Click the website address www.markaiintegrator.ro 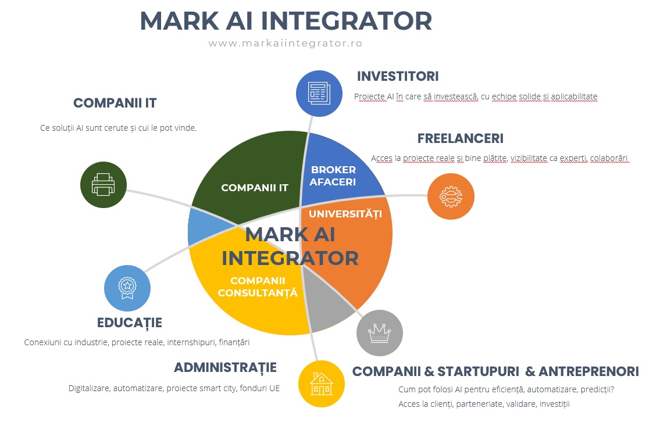click(286, 44)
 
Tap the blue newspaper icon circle click(319, 94)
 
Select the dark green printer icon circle click(104, 185)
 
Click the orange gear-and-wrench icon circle click(451, 196)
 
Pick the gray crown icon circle click(380, 333)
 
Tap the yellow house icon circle click(322, 384)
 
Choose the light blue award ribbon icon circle click(127, 288)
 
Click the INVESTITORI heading click(398, 76)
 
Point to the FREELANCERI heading click(461, 138)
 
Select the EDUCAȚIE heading click(130, 323)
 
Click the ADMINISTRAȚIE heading click(225, 367)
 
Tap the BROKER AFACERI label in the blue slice click(333, 176)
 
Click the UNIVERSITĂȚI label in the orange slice click(345, 214)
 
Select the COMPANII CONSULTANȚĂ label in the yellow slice click(258, 287)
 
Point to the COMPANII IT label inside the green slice click(255, 188)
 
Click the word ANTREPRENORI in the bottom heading click(588, 372)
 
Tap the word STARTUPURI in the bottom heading click(478, 372)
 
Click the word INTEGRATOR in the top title click(347, 20)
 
